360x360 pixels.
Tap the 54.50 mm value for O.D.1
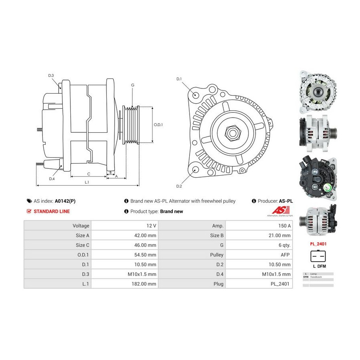click(145, 255)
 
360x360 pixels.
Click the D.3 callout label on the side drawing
click(51, 76)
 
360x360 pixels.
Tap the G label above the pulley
click(132, 85)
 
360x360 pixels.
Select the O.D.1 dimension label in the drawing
click(158, 124)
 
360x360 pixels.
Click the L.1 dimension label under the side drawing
click(87, 182)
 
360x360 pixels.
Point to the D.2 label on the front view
click(179, 186)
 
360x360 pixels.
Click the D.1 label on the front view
click(179, 79)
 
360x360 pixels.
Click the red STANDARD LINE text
click(52, 211)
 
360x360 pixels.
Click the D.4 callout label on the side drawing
click(52, 178)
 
